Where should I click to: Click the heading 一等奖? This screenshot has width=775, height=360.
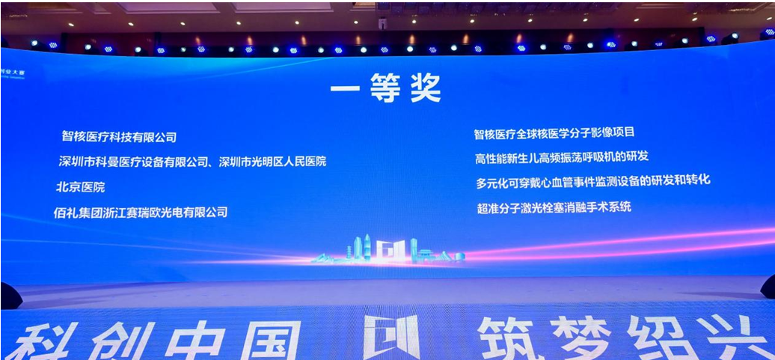coord(386,90)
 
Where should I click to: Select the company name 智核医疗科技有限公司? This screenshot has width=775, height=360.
coord(119,137)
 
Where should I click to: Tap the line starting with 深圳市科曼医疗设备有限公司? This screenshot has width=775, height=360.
coord(192,161)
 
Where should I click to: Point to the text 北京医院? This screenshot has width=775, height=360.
coord(80,186)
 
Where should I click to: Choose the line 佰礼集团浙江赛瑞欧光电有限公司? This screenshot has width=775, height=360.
coord(141,212)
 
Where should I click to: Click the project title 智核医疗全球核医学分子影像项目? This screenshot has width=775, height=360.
coord(554,133)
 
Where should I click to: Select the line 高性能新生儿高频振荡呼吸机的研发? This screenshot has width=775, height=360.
coord(561,156)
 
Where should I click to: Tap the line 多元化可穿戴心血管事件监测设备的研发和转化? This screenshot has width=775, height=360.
coord(592,181)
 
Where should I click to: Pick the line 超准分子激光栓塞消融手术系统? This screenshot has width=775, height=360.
coord(554,207)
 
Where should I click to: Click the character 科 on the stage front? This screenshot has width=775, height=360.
coord(41,341)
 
